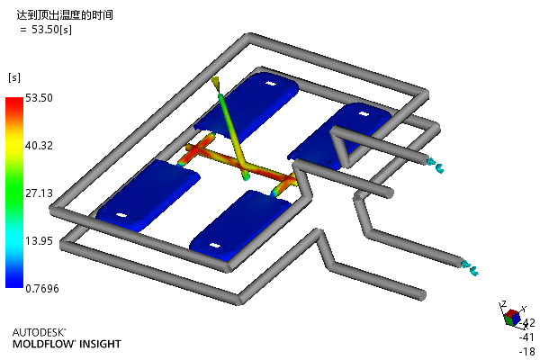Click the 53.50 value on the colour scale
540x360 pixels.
pyautogui.click(x=39, y=98)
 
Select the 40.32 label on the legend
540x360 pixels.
pyautogui.click(x=39, y=146)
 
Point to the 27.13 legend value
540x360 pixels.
pyautogui.click(x=39, y=193)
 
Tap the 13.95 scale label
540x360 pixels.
pyautogui.click(x=39, y=241)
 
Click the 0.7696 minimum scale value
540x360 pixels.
pyautogui.click(x=42, y=288)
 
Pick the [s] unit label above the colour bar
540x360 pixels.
pyautogui.click(x=14, y=77)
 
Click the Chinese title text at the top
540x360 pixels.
pyautogui.click(x=65, y=15)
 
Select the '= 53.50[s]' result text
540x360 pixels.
pyautogui.click(x=46, y=30)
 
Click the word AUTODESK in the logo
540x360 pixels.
pyautogui.click(x=39, y=332)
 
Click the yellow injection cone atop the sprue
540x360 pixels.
pyautogui.click(x=216, y=83)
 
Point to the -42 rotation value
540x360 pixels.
pyautogui.click(x=528, y=323)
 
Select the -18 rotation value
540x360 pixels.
pyautogui.click(x=526, y=352)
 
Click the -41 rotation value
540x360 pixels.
pyautogui.click(x=526, y=337)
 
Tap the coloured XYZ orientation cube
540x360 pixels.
pyautogui.click(x=512, y=318)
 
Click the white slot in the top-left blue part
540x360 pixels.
pyautogui.click(x=271, y=84)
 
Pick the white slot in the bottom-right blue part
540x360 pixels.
pyautogui.click(x=214, y=246)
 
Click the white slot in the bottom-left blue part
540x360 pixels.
pyautogui.click(x=121, y=215)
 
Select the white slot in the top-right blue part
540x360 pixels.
pyautogui.click(x=364, y=113)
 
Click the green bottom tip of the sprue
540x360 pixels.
pyautogui.click(x=246, y=177)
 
